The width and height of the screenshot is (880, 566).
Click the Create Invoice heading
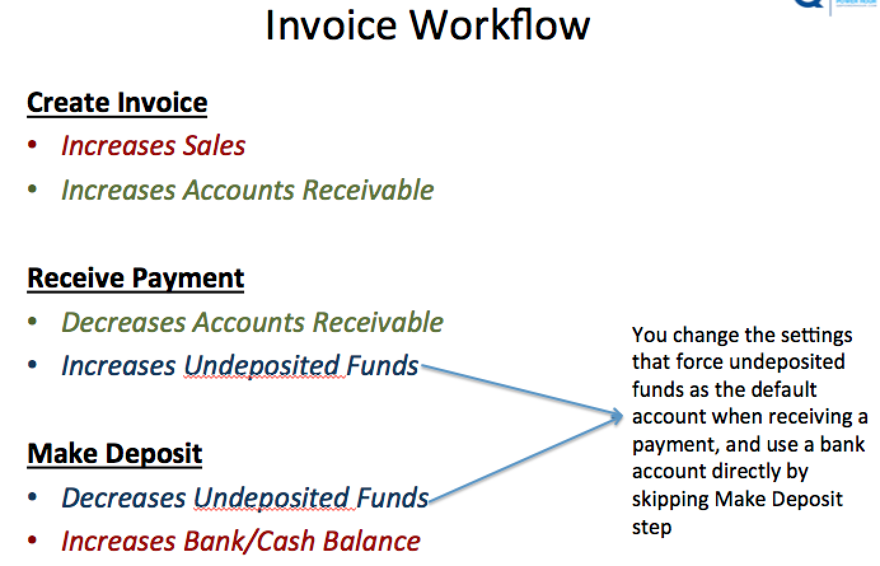pos(117,103)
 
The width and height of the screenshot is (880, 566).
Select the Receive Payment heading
pos(135,279)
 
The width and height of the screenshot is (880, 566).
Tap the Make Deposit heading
pos(114,454)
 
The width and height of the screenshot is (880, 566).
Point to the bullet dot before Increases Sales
pos(32,144)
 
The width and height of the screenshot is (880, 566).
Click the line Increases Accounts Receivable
pos(248,190)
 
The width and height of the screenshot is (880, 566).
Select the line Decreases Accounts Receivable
pos(252,322)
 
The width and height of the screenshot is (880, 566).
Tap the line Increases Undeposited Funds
pos(240,366)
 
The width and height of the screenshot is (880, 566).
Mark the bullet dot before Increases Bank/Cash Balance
pos(32,540)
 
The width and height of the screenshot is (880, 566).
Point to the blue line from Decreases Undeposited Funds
pos(525,460)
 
